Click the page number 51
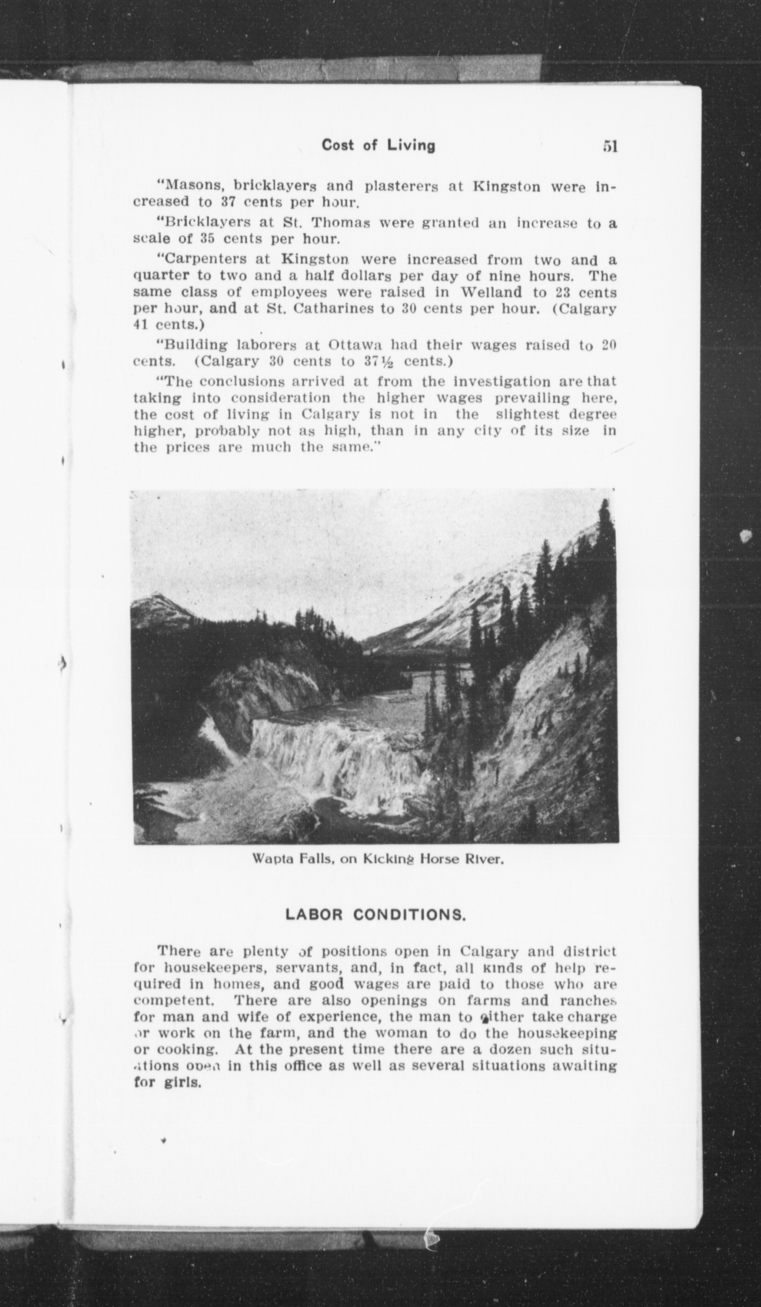pos(610,147)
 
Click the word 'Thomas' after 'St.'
pos(341,223)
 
